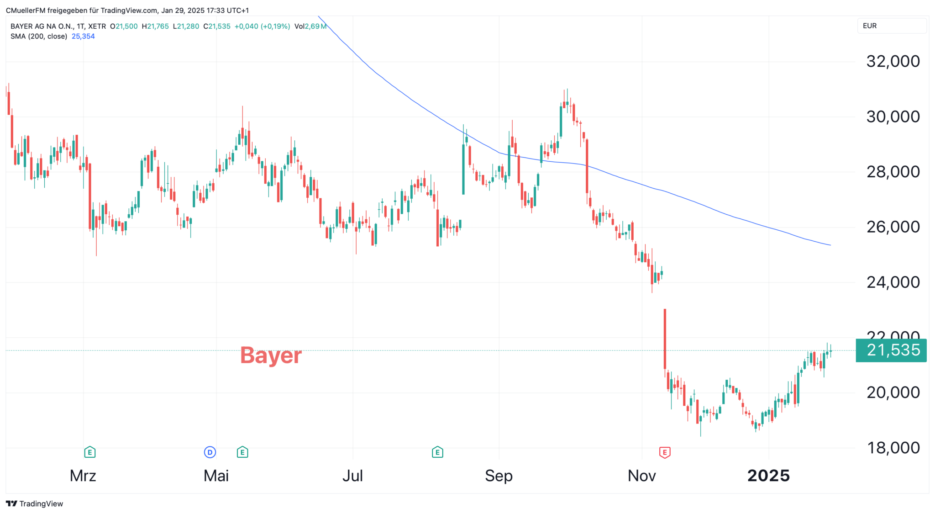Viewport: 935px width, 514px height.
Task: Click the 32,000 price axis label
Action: click(x=893, y=61)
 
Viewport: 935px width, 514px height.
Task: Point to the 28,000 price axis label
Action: click(x=893, y=172)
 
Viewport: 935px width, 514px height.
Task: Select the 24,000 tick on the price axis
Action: click(x=893, y=282)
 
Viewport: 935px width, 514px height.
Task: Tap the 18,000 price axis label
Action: click(x=893, y=448)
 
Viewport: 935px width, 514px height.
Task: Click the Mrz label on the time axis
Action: click(x=83, y=476)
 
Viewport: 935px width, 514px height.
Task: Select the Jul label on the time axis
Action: click(x=352, y=476)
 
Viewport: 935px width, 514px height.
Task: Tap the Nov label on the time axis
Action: click(x=641, y=476)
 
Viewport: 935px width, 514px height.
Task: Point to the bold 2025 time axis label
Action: click(x=768, y=476)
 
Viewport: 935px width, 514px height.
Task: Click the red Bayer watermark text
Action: click(x=271, y=355)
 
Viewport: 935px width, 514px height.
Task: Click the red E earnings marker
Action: click(x=664, y=452)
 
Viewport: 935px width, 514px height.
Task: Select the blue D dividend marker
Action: click(x=210, y=452)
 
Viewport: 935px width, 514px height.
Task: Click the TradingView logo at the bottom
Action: click(x=35, y=503)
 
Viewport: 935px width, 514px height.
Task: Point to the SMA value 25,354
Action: click(x=83, y=37)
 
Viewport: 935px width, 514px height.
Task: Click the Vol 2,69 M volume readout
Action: click(x=310, y=26)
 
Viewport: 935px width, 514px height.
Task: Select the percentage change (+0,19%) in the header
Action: click(x=275, y=26)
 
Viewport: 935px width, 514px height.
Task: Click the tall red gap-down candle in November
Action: click(x=665, y=338)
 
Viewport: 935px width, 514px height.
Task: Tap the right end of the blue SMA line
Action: click(x=830, y=245)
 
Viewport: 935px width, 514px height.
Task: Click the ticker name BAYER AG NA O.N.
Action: click(x=42, y=26)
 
